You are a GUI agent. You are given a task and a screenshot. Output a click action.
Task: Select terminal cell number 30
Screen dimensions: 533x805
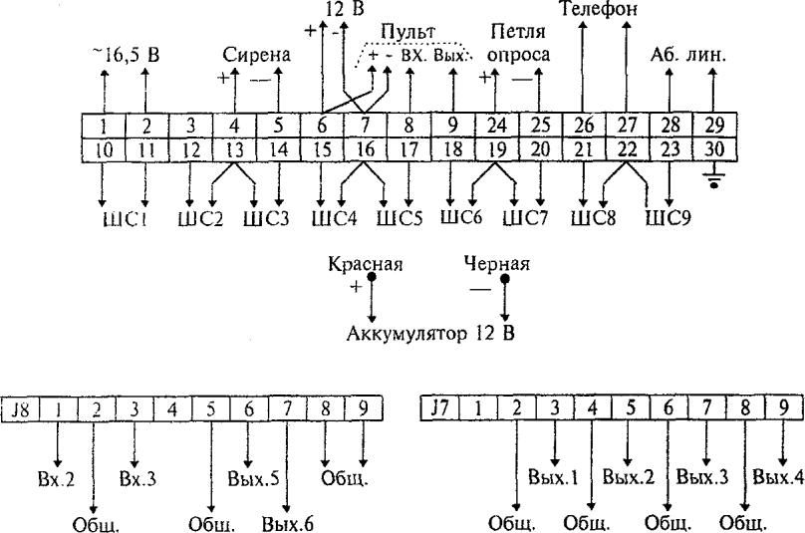pos(713,148)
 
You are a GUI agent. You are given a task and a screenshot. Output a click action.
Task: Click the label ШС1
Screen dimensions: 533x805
pos(124,216)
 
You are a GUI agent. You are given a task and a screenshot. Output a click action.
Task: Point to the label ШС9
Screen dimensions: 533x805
pos(670,216)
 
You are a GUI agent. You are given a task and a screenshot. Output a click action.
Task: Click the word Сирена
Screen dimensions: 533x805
pos(257,56)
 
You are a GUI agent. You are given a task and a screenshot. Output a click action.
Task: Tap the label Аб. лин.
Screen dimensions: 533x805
pos(688,56)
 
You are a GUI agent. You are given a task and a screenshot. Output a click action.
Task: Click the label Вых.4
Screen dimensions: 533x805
pos(776,475)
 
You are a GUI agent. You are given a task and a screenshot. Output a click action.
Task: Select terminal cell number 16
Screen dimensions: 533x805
pos(365,148)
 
